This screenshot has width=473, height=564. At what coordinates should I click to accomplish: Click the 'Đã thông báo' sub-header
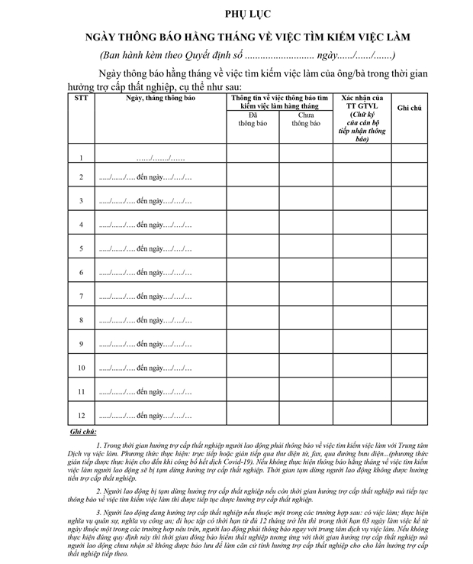(x=253, y=118)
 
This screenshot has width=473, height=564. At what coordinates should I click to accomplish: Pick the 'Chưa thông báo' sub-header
(x=306, y=118)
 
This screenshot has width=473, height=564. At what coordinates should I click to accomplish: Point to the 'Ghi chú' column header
(x=410, y=109)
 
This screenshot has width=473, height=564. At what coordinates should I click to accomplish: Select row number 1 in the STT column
(x=81, y=158)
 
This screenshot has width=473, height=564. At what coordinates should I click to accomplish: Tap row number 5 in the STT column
(x=81, y=249)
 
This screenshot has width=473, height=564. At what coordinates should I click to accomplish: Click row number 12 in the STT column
(x=81, y=416)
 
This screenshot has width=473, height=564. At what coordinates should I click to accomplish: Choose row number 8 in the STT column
(x=81, y=320)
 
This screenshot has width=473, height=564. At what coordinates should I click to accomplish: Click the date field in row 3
(x=146, y=202)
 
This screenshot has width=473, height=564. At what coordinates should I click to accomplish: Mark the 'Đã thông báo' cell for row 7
(x=253, y=297)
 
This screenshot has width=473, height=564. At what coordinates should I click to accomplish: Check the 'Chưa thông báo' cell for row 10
(x=306, y=368)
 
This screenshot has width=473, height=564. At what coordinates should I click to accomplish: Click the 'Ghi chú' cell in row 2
(x=410, y=178)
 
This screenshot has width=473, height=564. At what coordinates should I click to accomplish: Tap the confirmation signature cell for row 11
(x=362, y=391)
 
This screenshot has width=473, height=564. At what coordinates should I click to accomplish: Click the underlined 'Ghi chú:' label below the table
(x=82, y=433)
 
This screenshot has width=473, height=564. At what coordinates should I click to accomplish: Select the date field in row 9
(x=146, y=344)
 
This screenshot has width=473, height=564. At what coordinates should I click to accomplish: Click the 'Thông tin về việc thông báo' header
(x=279, y=102)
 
